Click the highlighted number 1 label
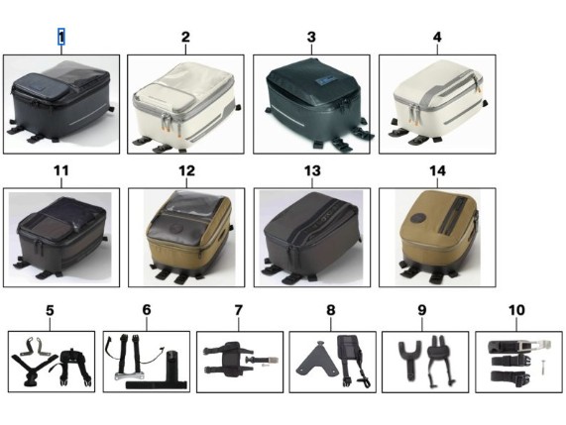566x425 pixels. [61, 37]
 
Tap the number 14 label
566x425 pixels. [437, 170]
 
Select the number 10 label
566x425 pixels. [516, 310]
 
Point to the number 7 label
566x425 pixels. [238, 310]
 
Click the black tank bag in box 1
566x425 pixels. [59, 101]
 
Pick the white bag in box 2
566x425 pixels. [186, 106]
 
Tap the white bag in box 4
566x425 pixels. [438, 101]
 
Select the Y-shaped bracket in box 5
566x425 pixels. [35, 365]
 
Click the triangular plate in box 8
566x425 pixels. [317, 359]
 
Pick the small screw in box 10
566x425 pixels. [542, 368]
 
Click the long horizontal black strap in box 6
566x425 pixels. [157, 385]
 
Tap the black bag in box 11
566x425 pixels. [61, 237]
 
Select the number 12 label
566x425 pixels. [186, 170]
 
